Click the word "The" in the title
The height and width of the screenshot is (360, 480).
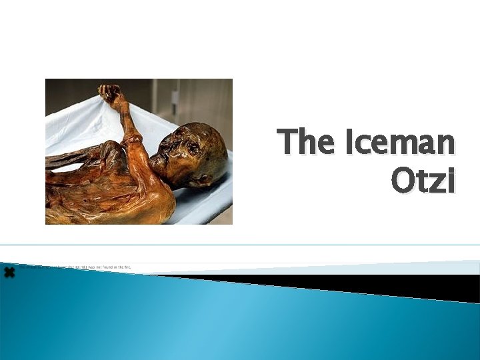tap(301, 142)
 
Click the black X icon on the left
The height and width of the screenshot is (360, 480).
tap(9, 272)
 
